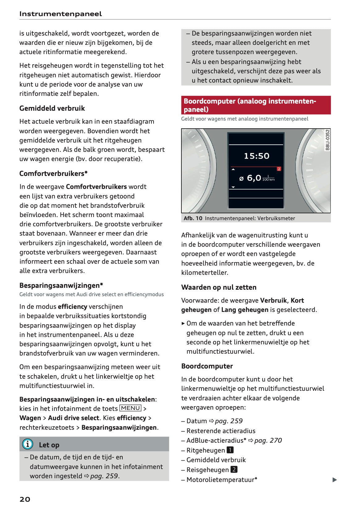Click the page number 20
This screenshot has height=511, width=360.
[x=25, y=499]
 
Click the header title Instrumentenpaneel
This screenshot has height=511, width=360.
[x=60, y=14]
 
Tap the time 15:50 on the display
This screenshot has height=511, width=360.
[x=256, y=156]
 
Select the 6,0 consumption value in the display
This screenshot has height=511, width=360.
[x=254, y=178]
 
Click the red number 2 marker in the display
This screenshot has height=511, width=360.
[x=279, y=169]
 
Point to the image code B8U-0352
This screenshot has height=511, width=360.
[x=327, y=140]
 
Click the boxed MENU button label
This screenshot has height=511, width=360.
[x=130, y=408]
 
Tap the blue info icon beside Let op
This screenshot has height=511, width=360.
[x=28, y=444]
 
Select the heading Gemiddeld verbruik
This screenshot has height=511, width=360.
[x=52, y=108]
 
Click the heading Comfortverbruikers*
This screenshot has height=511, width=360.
[x=53, y=173]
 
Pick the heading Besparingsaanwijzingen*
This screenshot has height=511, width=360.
[x=61, y=285]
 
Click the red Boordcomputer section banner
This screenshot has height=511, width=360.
[x=256, y=105]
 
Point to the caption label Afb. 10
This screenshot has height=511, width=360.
[x=193, y=218]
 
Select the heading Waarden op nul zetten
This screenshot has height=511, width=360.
[x=218, y=287]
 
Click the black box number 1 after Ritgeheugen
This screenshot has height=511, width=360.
[x=230, y=450]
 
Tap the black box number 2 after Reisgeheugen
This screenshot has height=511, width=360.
[x=234, y=470]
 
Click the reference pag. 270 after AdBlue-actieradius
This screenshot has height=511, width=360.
[x=268, y=440]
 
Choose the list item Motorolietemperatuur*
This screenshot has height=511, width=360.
[x=222, y=479]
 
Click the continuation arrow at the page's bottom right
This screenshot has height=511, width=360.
[x=334, y=480]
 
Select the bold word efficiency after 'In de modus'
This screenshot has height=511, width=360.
[x=72, y=306]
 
